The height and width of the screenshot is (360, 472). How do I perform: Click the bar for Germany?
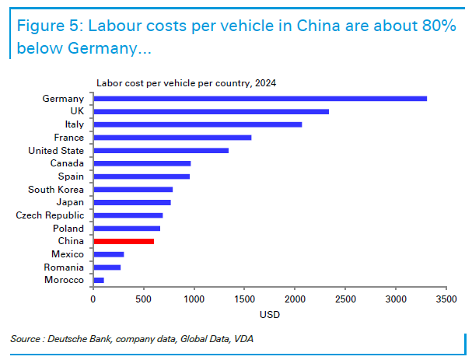(x=260, y=99)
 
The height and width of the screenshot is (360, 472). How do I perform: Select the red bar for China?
(x=124, y=241)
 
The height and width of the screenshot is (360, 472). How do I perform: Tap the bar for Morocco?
(x=99, y=280)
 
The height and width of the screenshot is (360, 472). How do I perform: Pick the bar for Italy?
(x=198, y=124)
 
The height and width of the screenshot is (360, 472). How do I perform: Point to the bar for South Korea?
(x=133, y=189)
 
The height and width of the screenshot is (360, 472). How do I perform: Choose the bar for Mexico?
(x=109, y=254)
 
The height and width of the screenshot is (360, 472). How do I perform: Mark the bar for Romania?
(x=107, y=267)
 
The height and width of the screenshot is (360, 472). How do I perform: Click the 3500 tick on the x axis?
(x=446, y=299)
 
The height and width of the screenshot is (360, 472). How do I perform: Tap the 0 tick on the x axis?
(x=93, y=299)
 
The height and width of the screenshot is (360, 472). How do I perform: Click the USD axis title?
(x=270, y=315)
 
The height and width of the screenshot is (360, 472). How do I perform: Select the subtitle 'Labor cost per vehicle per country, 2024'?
(x=186, y=82)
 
